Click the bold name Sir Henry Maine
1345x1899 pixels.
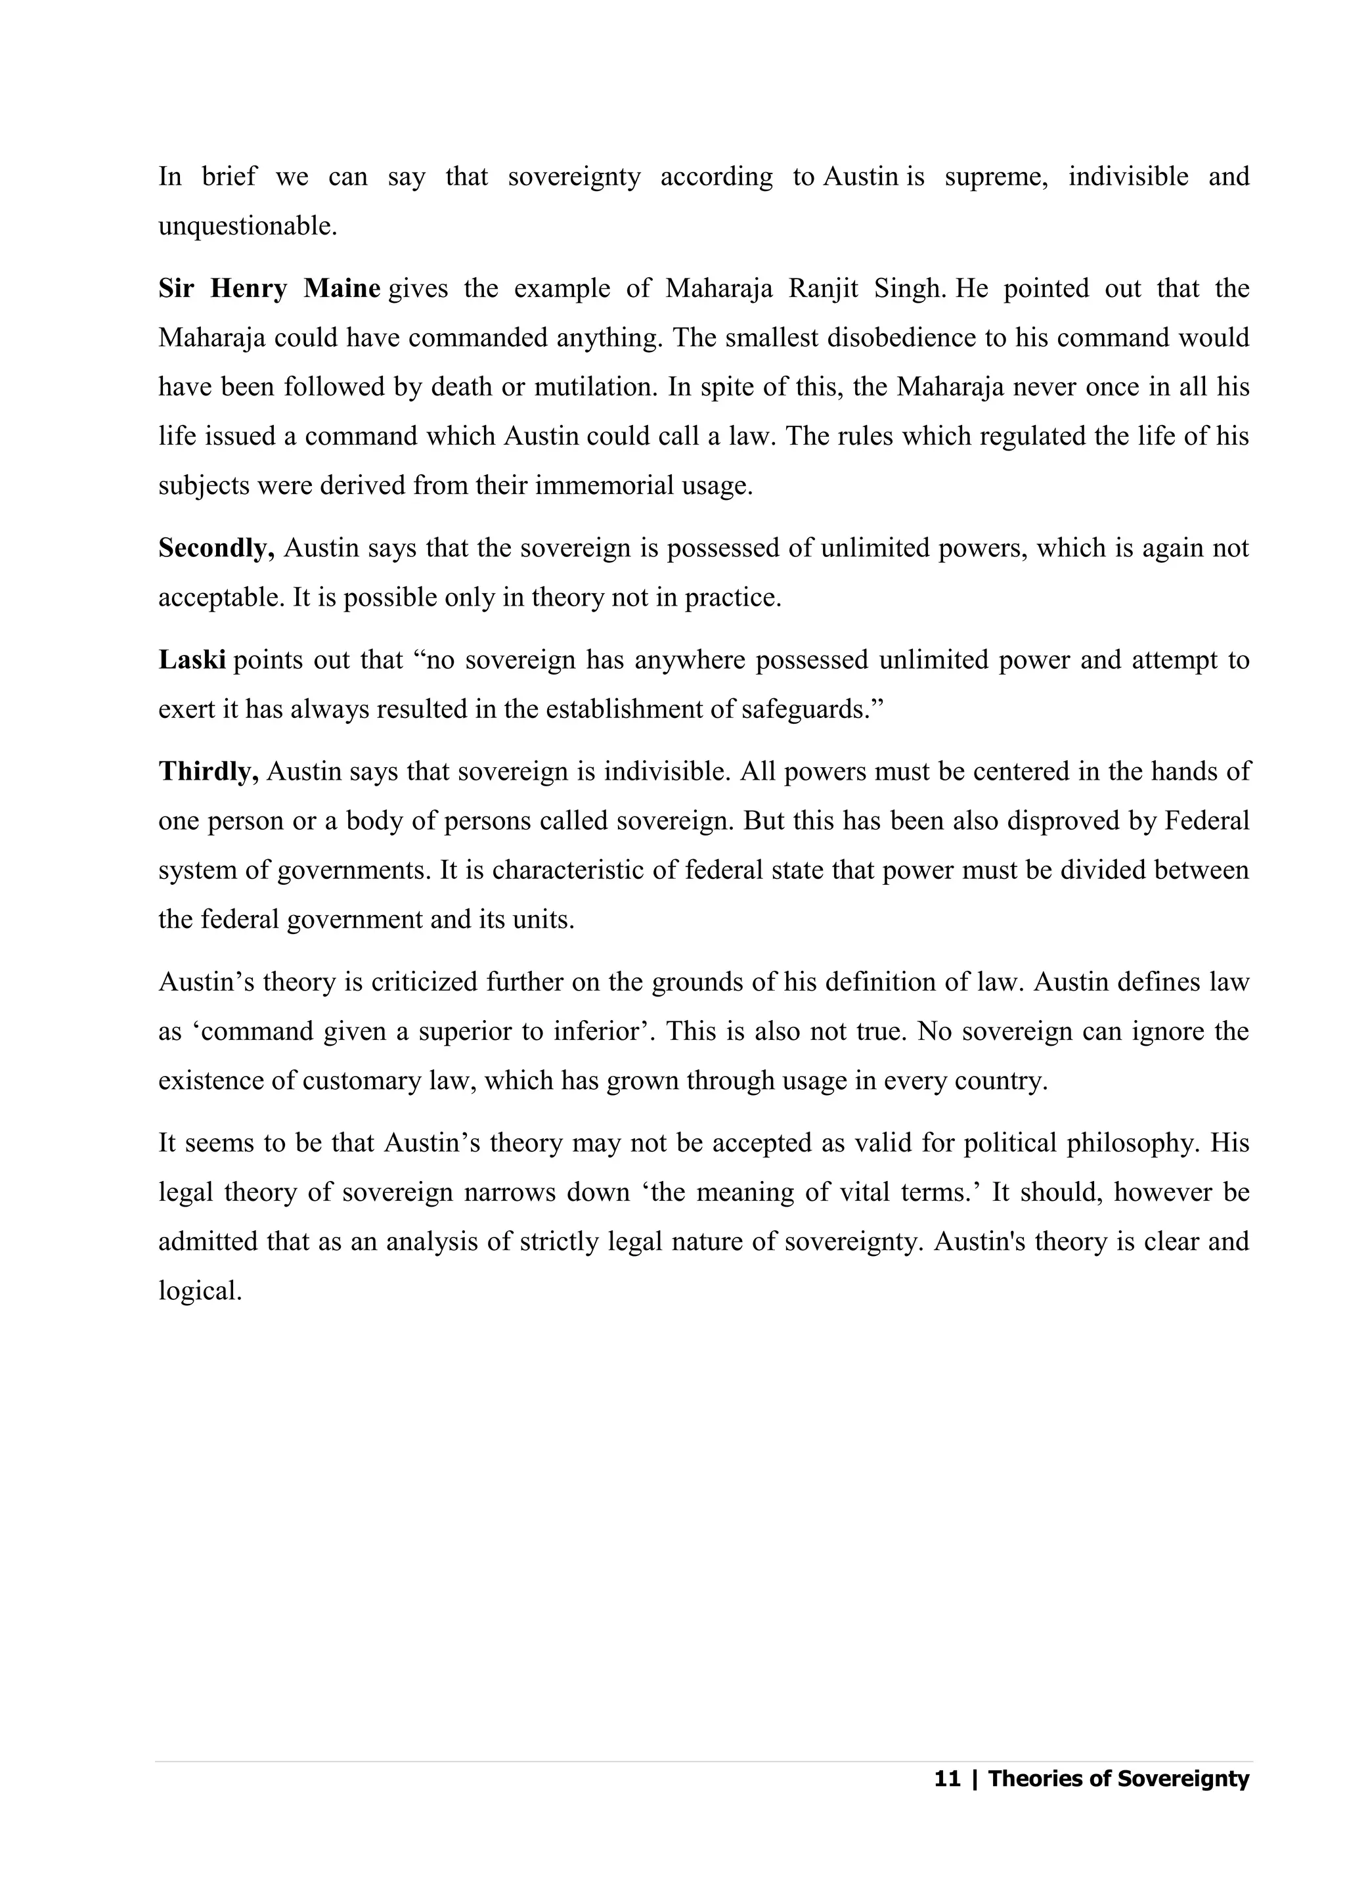pyautogui.click(x=269, y=289)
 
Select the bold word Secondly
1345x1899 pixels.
pyautogui.click(x=216, y=548)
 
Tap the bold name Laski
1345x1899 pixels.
pyautogui.click(x=192, y=660)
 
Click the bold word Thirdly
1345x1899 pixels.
pyautogui.click(x=209, y=772)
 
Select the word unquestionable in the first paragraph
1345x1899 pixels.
pyautogui.click(x=247, y=227)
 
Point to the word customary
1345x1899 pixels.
pyautogui.click(x=362, y=1082)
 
